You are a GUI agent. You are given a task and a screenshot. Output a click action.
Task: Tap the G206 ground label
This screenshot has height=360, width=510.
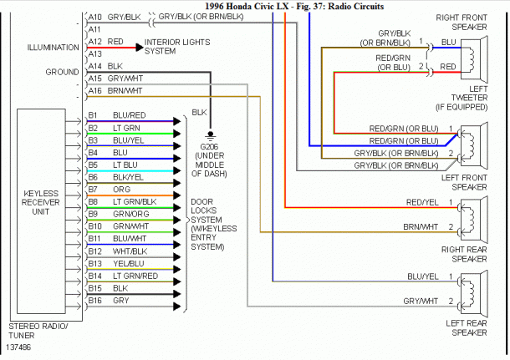pos(210,144)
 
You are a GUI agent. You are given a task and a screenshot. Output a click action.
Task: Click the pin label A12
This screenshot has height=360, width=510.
pos(95,41)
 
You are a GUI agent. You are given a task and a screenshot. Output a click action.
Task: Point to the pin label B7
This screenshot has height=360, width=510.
pos(94,189)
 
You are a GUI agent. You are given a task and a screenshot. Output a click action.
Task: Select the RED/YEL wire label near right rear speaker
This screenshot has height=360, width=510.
pos(423,202)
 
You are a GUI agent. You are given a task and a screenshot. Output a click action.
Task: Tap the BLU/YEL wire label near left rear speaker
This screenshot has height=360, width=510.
pos(423,276)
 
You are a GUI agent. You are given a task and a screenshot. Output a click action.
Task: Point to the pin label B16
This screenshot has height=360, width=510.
pos(94,299)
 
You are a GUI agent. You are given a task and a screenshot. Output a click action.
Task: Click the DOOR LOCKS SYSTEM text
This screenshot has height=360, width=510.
pos(210,220)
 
